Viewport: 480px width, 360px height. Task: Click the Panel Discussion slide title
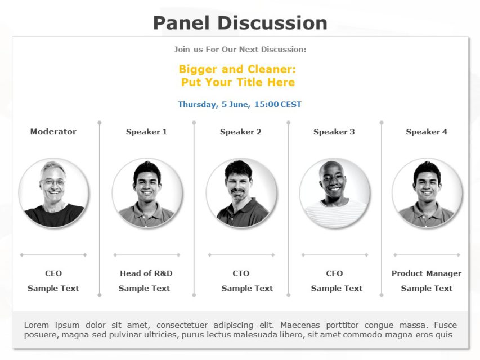(x=240, y=23)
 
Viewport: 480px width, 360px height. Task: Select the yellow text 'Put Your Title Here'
(x=237, y=82)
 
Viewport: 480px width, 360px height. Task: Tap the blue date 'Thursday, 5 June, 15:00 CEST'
(x=240, y=104)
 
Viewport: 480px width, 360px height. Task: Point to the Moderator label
(x=53, y=132)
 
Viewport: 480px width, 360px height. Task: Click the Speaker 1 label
(x=146, y=132)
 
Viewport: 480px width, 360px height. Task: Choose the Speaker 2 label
(x=240, y=132)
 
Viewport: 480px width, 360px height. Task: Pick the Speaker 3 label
(x=334, y=132)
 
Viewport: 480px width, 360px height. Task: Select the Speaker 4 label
(x=427, y=132)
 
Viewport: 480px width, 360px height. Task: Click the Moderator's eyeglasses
(x=53, y=182)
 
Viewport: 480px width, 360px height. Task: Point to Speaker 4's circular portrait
(x=427, y=193)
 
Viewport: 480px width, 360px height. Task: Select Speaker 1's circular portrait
(x=147, y=193)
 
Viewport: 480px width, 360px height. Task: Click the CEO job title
(x=53, y=273)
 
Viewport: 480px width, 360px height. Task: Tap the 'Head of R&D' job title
(x=146, y=273)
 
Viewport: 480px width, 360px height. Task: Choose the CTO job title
(x=241, y=273)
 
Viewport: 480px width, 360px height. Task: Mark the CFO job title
(x=334, y=273)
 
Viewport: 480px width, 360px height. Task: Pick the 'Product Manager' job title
(x=427, y=273)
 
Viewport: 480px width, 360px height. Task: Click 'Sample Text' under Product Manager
(x=427, y=288)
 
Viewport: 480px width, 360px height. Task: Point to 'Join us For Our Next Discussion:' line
(x=240, y=49)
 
